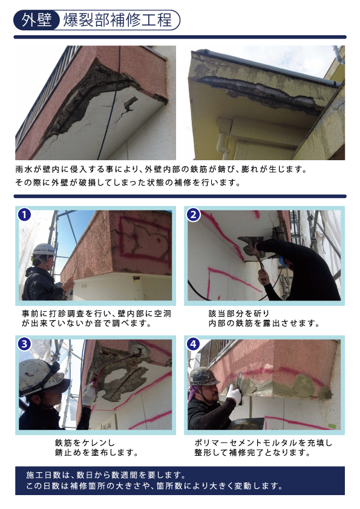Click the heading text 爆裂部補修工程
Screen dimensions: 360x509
(x=117, y=20)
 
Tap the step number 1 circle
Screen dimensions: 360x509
(x=24, y=215)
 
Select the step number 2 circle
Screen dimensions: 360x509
(x=194, y=215)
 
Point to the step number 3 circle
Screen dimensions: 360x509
(x=24, y=344)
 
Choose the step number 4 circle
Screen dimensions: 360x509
(x=194, y=344)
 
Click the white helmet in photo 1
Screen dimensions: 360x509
(x=44, y=250)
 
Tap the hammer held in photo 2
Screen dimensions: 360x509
(x=260, y=260)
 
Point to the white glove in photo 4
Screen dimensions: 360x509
(x=234, y=394)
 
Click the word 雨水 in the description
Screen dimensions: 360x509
(x=24, y=169)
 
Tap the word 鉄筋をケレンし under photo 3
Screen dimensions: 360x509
(x=85, y=443)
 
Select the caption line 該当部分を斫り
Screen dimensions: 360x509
(x=239, y=314)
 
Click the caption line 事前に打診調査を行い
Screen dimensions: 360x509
(x=67, y=314)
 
